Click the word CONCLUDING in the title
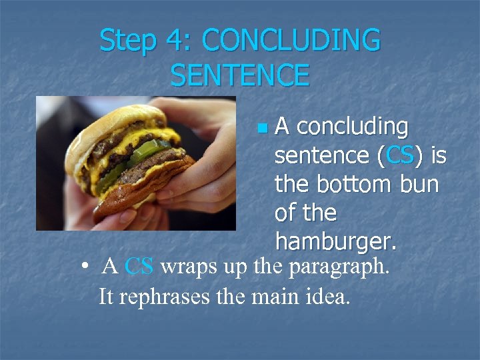coord(291,41)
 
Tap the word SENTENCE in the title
coord(240,75)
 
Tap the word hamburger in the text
coord(335,241)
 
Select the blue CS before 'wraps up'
coord(139,267)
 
